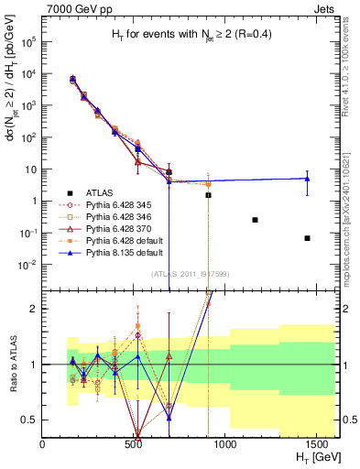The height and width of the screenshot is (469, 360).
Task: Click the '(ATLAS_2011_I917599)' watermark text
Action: click(189, 274)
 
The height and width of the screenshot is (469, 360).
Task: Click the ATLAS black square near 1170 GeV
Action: click(255, 220)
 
